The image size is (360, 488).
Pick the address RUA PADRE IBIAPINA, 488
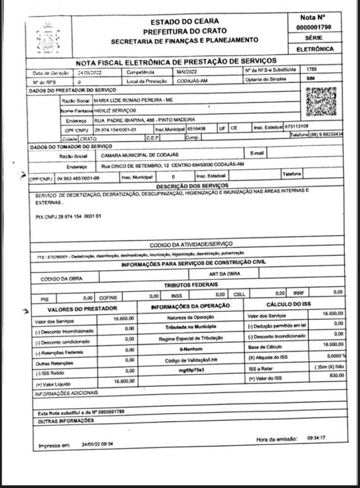point(145,119)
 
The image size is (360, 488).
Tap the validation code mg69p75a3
point(191,370)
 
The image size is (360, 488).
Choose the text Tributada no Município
point(190,328)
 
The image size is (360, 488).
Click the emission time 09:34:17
point(319,437)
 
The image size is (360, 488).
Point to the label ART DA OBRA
point(224,274)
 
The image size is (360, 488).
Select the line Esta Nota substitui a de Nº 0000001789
point(82,412)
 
